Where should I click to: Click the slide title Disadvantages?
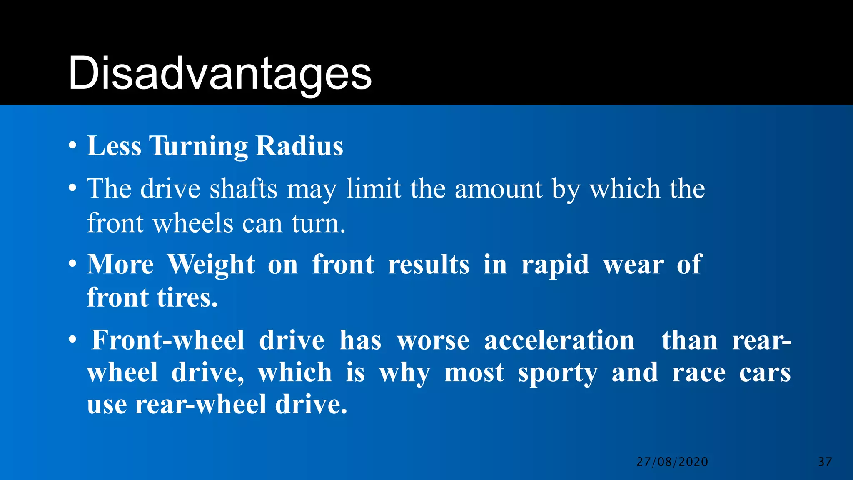(219, 74)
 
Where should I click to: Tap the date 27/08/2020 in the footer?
(672, 462)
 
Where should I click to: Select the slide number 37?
(825, 462)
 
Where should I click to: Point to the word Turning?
(199, 147)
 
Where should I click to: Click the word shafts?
(243, 189)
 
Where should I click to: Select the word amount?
(499, 189)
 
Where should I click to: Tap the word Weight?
(211, 265)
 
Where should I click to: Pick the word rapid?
(555, 265)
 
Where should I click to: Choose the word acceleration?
(559, 340)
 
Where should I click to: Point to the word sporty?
(558, 373)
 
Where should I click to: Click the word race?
(699, 372)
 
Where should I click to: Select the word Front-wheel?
(168, 340)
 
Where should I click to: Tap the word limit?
(374, 189)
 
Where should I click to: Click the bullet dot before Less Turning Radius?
(73, 146)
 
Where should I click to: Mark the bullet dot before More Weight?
(73, 264)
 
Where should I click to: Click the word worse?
(433, 341)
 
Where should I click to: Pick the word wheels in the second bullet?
(193, 223)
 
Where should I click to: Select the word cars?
(765, 373)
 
